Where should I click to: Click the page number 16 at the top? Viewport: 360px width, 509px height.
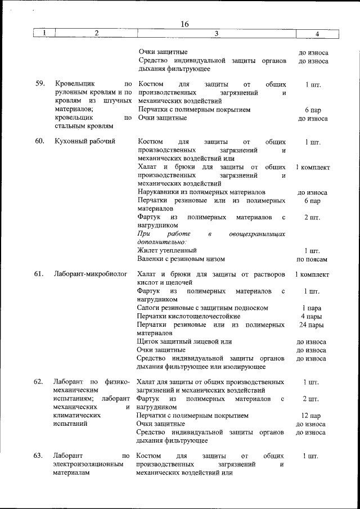186,24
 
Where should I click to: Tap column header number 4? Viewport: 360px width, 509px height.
317,34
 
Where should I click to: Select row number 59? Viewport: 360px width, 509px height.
40,84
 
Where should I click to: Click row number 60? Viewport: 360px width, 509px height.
40,141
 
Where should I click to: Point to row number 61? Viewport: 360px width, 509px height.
39,274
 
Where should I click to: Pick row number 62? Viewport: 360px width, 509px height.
39,382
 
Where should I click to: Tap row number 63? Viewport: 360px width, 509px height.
39,455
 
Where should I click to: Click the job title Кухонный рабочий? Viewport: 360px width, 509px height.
85,141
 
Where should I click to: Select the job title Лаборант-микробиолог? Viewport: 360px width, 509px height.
90,274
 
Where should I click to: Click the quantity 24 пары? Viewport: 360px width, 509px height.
312,325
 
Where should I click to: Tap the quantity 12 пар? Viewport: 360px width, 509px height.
312,416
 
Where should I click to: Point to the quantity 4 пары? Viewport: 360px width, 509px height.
312,316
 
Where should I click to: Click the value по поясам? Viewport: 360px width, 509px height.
312,259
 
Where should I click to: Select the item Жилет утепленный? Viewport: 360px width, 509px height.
167,250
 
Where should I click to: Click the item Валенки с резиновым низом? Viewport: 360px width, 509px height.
181,259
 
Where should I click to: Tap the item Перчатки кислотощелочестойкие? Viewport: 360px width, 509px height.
188,316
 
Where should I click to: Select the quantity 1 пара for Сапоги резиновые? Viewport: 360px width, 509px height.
312,308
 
